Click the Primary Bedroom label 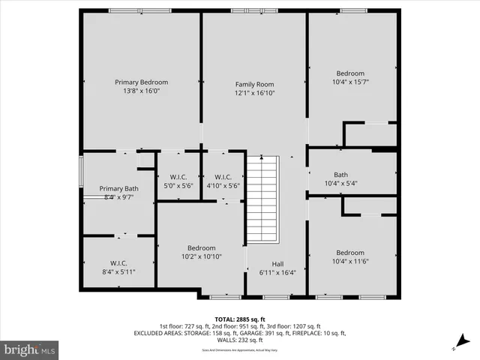141,82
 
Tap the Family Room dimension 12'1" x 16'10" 254,93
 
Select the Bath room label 340,175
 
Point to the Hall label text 277,263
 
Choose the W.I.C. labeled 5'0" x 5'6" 178,177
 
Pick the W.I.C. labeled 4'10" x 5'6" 223,177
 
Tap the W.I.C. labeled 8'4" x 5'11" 118,263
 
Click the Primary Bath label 118,189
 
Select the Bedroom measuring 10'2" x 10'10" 201,248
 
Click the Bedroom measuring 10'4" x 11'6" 350,253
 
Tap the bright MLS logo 29,349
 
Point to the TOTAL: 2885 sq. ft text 239,318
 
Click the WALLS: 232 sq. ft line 239,340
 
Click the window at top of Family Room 254,11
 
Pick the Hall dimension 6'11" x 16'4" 277,272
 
